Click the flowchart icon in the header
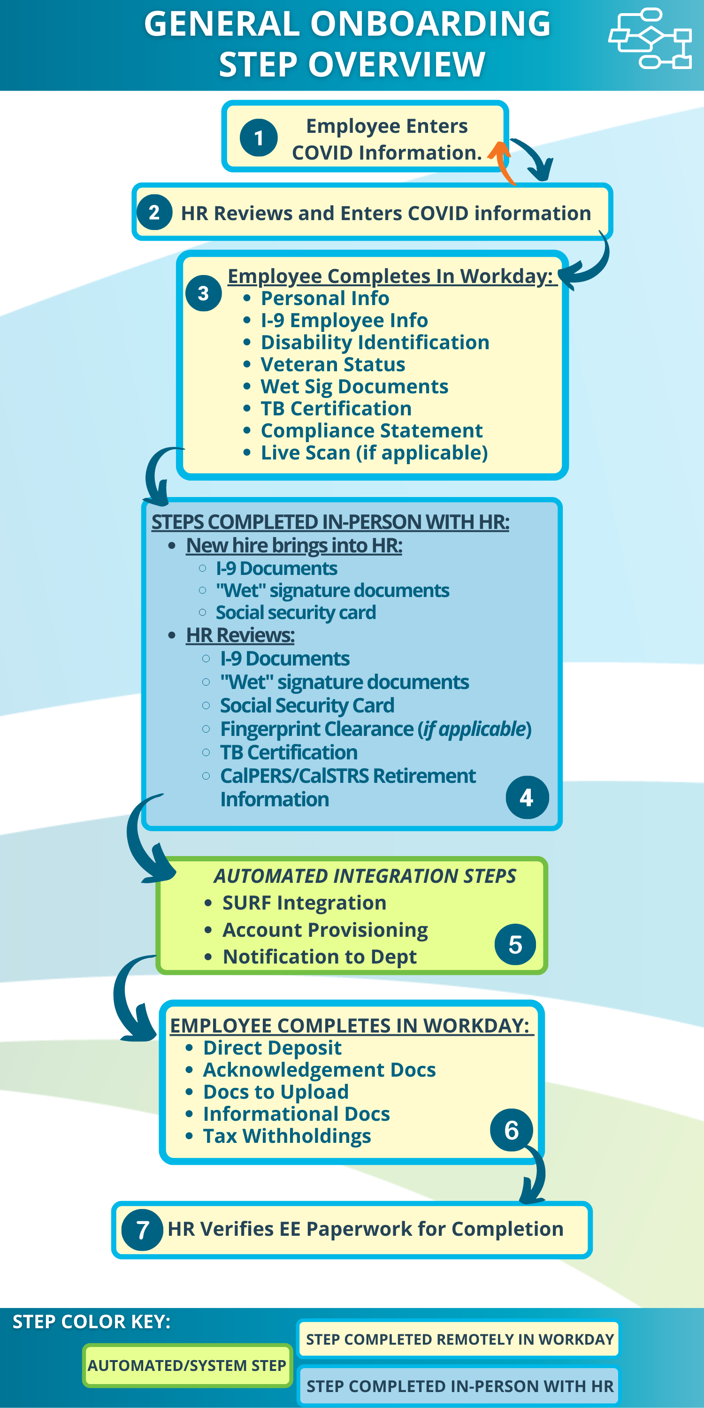[650, 38]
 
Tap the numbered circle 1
[259, 138]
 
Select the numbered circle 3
[203, 293]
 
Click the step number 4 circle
[527, 797]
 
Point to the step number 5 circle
[515, 944]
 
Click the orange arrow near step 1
[502, 162]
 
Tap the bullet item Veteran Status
[332, 365]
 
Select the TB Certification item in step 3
[336, 409]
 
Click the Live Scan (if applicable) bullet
[374, 453]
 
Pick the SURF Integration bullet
[304, 903]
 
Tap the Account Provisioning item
[325, 930]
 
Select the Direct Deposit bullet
[272, 1048]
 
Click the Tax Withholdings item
[286, 1136]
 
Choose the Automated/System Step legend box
[187, 1365]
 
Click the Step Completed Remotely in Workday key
[459, 1339]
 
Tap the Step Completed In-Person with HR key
[459, 1386]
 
